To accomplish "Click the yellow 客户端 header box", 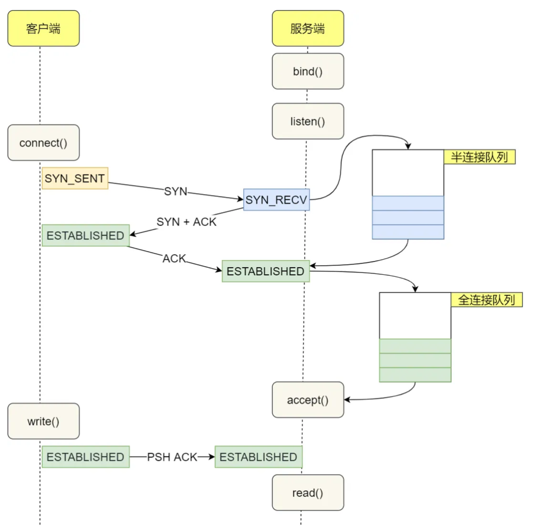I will click(44, 28).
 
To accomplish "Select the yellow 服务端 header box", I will click(308, 28).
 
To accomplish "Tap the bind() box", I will click(308, 71).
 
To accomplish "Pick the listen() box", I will click(308, 121).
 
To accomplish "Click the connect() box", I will click(44, 143).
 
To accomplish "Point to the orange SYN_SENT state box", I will click(75, 178).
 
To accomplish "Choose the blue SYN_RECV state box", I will click(276, 200).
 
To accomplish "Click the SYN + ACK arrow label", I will click(186, 222).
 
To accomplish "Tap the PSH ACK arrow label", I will click(172, 457).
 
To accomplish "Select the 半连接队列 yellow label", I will click(479, 157).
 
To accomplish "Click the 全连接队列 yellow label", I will click(486, 300).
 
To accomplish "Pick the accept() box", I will click(308, 400).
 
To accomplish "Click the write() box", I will click(44, 421).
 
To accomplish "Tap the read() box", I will click(308, 493).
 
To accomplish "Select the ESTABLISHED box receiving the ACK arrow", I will click(266, 271).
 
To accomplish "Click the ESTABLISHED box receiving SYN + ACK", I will click(86, 236).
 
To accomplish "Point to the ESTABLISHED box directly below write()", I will click(86, 457).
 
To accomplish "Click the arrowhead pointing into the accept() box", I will click(347, 400).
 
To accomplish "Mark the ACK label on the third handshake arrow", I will click(174, 259).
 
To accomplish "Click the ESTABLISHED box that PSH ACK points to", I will click(258, 457).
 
